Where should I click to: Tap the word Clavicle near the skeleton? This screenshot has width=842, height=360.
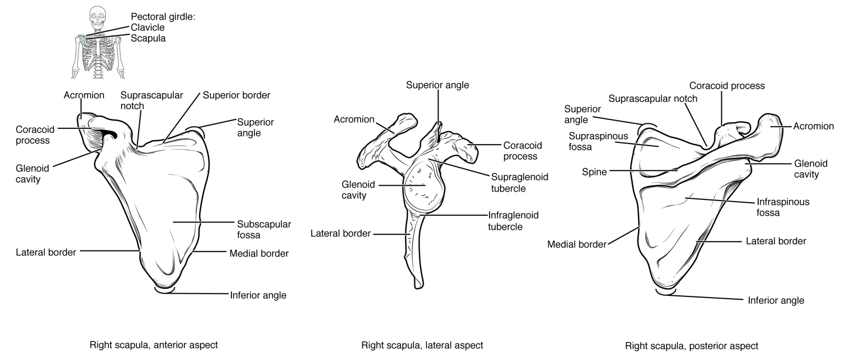pyautogui.click(x=148, y=28)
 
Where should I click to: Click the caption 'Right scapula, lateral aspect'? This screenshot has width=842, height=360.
pyautogui.click(x=422, y=345)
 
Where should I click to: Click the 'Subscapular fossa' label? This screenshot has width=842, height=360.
pyautogui.click(x=264, y=230)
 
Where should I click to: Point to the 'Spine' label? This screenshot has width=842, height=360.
pyautogui.click(x=595, y=172)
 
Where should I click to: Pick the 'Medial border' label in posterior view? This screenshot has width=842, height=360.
pyautogui.click(x=577, y=244)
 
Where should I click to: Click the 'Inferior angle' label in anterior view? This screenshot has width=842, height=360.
pyautogui.click(x=258, y=295)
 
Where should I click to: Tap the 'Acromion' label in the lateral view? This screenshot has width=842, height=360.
pyautogui.click(x=354, y=119)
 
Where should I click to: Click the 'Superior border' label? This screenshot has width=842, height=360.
pyautogui.click(x=236, y=95)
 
